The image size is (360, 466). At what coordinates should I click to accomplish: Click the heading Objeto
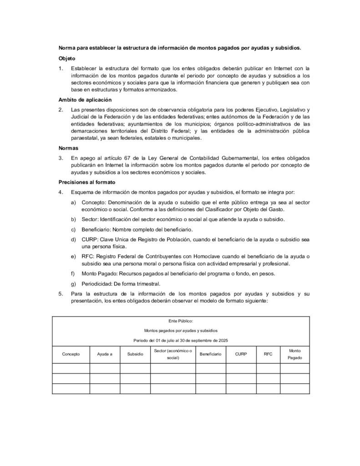(67, 59)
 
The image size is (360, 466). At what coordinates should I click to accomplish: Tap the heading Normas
(68, 148)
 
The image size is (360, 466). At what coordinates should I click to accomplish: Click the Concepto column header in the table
(71, 354)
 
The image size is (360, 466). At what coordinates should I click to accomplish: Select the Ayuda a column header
(105, 354)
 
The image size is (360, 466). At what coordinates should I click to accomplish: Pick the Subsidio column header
(135, 354)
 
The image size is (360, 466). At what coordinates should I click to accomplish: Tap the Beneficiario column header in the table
(211, 354)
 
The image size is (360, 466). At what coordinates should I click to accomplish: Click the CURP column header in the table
(241, 354)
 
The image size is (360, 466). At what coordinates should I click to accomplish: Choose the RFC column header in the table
(268, 354)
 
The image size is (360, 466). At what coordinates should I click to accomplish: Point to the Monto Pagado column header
(294, 354)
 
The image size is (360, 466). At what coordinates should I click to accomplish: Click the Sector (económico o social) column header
(172, 354)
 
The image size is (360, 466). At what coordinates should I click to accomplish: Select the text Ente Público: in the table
(181, 321)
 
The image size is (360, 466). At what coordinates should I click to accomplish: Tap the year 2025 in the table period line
(223, 340)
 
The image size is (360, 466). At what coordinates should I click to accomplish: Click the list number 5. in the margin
(61, 294)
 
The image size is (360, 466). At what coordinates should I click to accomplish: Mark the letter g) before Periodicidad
(73, 284)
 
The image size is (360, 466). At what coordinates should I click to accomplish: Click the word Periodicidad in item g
(96, 284)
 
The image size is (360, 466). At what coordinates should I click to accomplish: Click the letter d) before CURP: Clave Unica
(73, 239)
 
